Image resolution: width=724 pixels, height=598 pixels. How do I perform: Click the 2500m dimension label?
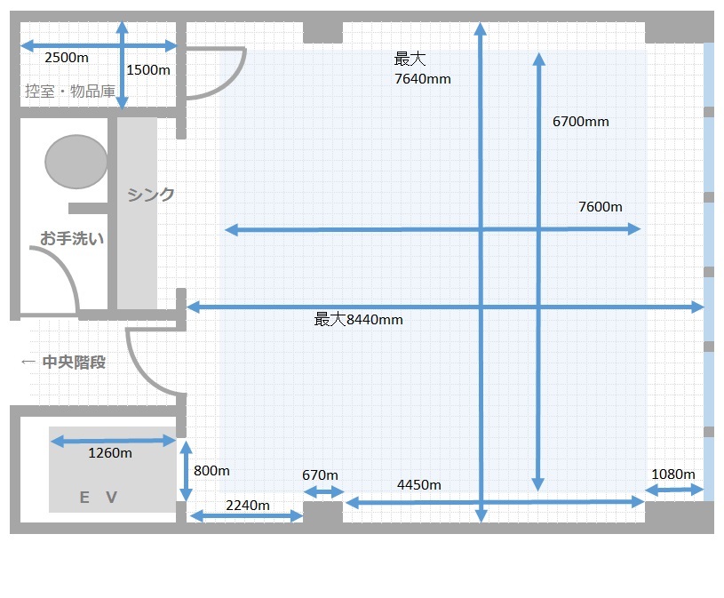click(67, 58)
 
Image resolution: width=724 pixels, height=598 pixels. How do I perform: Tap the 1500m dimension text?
click(148, 70)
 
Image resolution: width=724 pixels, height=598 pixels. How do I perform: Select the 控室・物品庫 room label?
click(70, 91)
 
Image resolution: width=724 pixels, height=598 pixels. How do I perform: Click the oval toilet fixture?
click(76, 162)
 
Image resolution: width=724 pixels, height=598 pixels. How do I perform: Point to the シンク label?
click(151, 195)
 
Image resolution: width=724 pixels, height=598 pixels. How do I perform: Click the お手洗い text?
click(72, 238)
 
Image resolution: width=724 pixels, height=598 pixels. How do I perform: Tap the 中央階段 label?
click(74, 362)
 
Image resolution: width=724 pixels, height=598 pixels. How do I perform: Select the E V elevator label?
click(99, 498)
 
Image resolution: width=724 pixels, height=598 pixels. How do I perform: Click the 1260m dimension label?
click(110, 453)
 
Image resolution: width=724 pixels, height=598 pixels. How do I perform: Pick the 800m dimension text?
click(211, 471)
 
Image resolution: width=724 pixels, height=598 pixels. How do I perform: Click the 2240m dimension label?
click(248, 506)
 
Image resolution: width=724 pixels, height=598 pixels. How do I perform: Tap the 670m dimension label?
click(320, 475)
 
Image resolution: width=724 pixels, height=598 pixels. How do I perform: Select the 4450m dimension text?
click(418, 485)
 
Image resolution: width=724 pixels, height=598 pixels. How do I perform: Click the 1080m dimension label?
click(672, 474)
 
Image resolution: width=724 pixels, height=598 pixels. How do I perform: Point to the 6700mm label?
click(580, 122)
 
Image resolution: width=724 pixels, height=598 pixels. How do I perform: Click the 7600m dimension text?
click(601, 207)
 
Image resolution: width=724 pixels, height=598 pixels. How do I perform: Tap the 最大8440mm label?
click(358, 320)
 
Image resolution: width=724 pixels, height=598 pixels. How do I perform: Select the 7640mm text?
click(423, 79)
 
